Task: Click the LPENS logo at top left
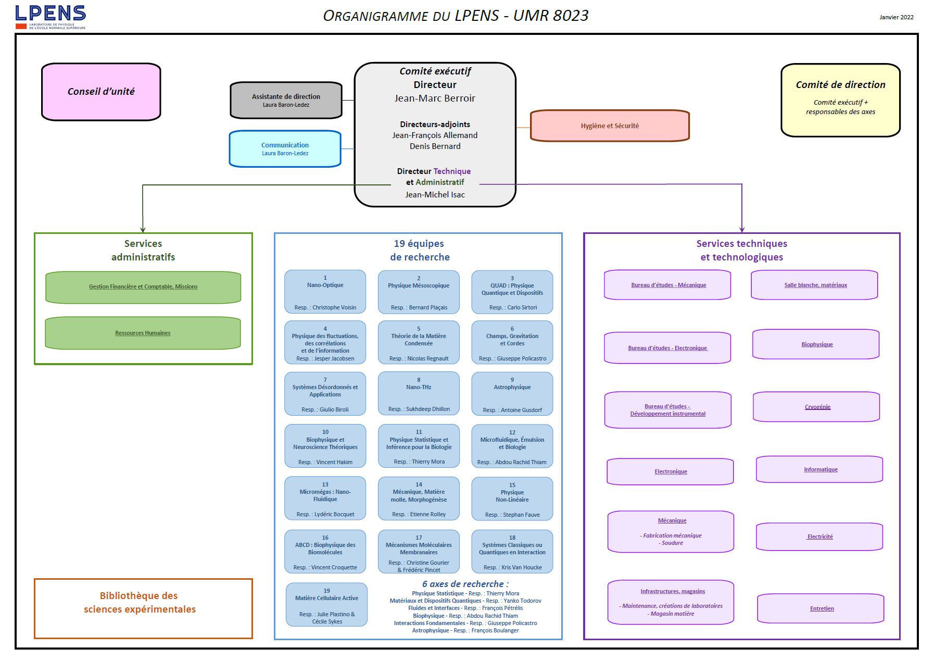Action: coord(51,17)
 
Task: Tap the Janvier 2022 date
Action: coord(896,17)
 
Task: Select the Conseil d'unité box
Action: coord(101,92)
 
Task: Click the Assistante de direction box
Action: coord(286,100)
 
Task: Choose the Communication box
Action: coord(285,149)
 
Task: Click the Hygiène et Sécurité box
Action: coord(610,126)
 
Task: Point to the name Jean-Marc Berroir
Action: coord(435,98)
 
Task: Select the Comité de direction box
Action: coord(840,99)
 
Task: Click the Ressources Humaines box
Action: coord(143,333)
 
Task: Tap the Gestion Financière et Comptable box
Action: coord(143,287)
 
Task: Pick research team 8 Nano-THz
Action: coord(419,394)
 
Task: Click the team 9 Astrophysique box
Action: coord(512,394)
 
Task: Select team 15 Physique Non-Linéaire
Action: coord(512,499)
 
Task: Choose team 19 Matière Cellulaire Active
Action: coord(326,605)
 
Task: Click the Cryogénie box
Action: coord(817,407)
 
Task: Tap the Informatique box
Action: coord(820,469)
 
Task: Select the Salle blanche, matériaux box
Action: coord(815,285)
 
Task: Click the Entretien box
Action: coord(821,608)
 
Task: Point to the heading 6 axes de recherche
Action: coord(465,584)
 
